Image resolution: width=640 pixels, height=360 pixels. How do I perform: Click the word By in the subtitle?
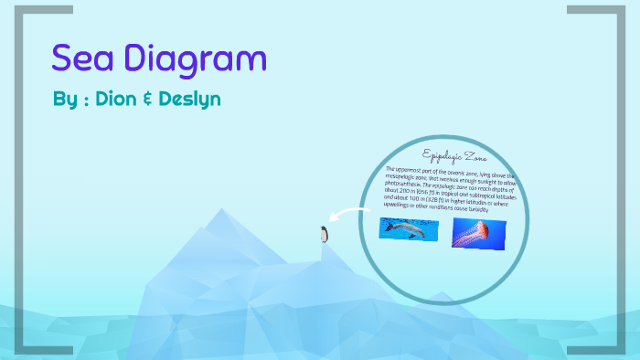point(64,99)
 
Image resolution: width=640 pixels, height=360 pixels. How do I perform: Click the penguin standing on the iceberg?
point(323,235)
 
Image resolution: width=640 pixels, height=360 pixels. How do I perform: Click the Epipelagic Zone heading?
point(450,155)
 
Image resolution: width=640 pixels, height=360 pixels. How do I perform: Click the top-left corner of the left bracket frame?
point(19,10)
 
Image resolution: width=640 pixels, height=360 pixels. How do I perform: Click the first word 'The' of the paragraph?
point(391,169)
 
